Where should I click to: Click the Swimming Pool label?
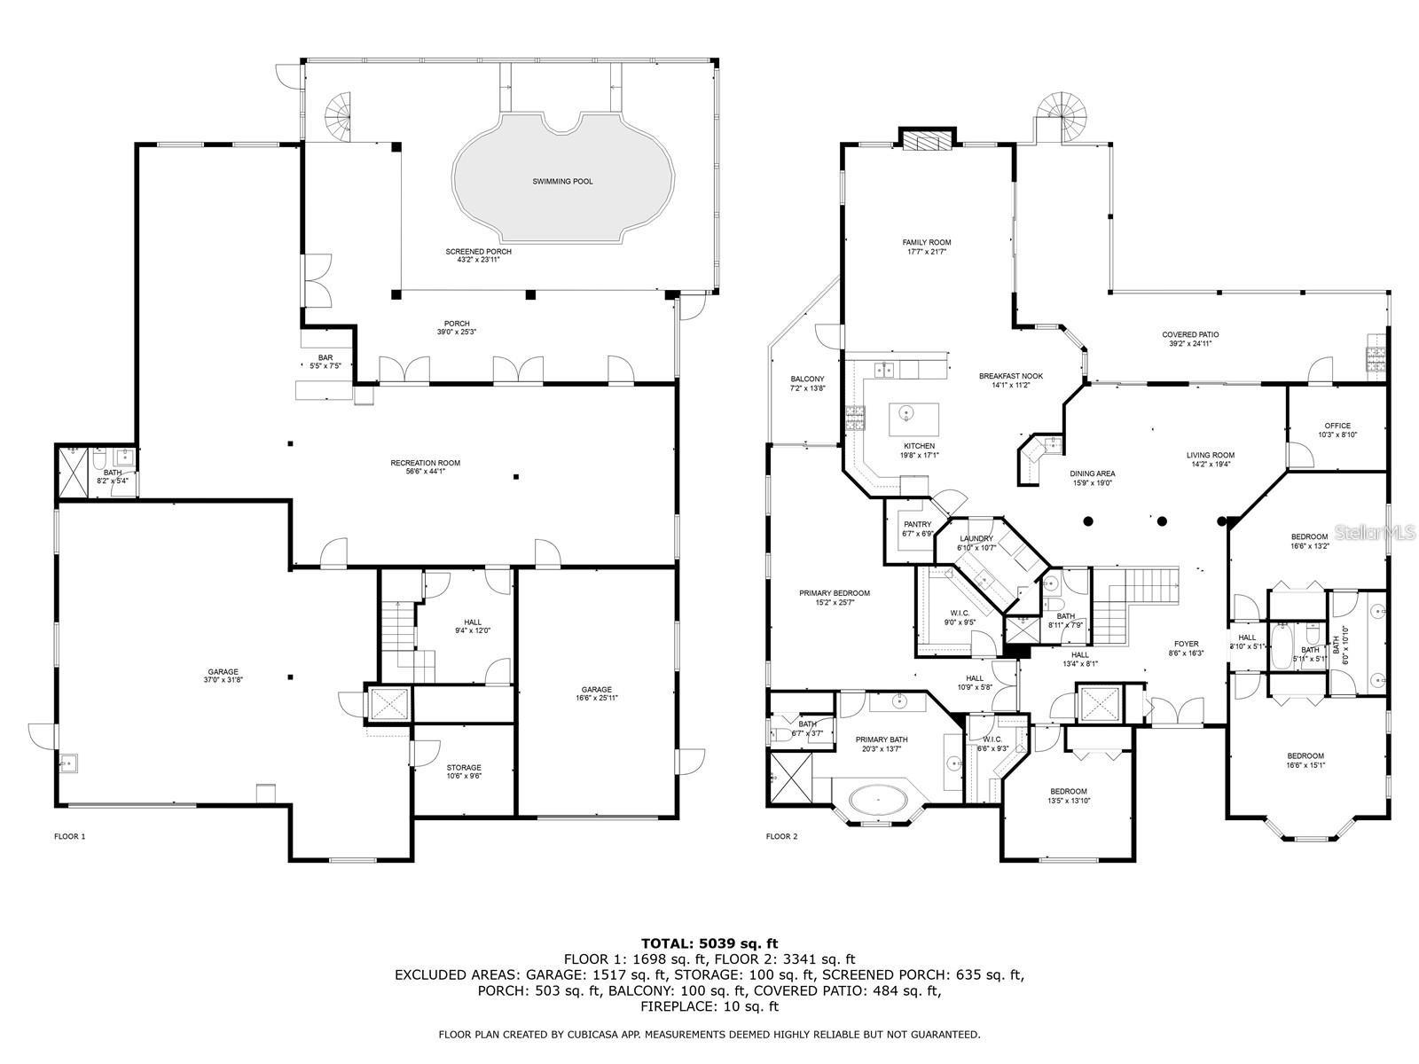[562, 182]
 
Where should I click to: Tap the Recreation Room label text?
[425, 463]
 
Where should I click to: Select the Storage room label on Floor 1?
[464, 768]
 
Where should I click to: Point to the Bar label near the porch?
[325, 358]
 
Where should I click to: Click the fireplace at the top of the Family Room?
[928, 141]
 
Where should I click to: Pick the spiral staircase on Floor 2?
[1062, 111]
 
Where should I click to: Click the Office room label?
[1337, 426]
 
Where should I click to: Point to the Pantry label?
[917, 525]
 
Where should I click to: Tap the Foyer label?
[1186, 645]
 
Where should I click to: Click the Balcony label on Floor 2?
[807, 379]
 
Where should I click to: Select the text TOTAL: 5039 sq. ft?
[709, 943]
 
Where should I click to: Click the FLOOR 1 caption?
[70, 836]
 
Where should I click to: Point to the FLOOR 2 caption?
[781, 836]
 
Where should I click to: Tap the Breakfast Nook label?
[1010, 376]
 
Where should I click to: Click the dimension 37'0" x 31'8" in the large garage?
[223, 681]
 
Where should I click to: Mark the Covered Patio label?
[1190, 335]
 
